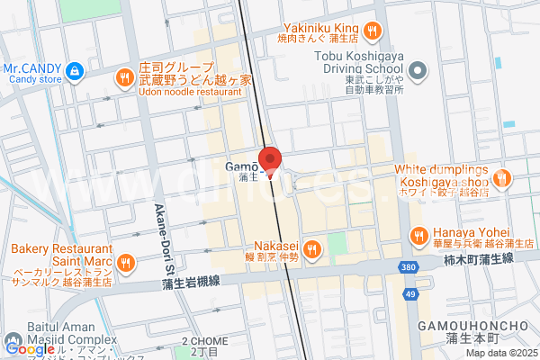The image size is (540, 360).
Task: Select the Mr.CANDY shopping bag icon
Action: point(75,68)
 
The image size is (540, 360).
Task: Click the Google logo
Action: point(29,348)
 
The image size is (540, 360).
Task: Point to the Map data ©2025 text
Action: point(499,353)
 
